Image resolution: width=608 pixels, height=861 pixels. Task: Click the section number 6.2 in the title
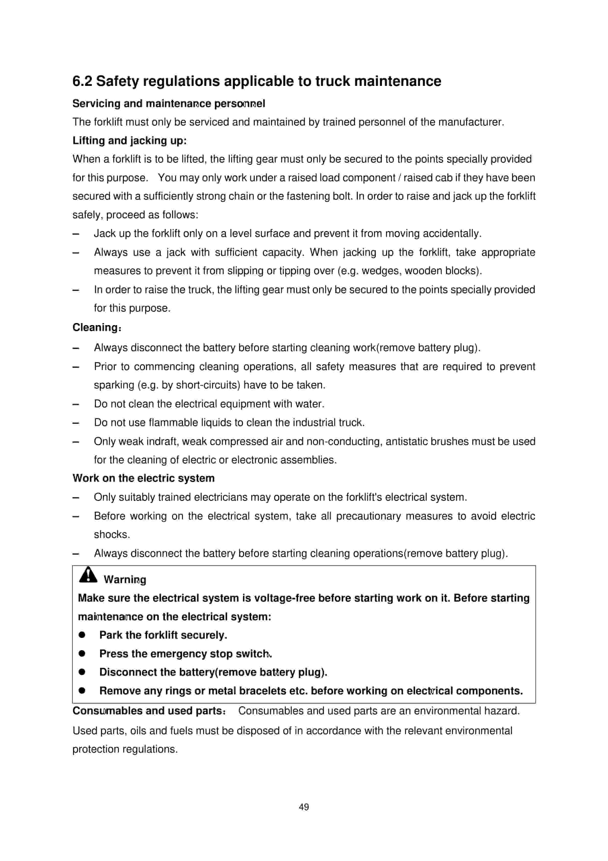click(82, 81)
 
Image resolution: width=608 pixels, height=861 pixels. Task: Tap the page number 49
click(304, 806)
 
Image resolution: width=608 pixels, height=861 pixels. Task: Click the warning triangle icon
click(88, 575)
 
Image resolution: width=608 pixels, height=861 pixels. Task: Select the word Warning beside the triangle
click(125, 579)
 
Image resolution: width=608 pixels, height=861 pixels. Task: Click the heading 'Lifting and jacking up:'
click(129, 141)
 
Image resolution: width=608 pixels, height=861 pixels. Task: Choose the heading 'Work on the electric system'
click(143, 478)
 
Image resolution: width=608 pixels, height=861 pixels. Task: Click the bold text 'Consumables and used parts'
click(148, 711)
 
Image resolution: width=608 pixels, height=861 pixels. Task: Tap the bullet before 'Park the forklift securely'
click(82, 635)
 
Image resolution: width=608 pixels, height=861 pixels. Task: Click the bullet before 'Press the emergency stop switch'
click(82, 654)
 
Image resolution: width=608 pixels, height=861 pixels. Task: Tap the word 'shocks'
click(111, 534)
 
